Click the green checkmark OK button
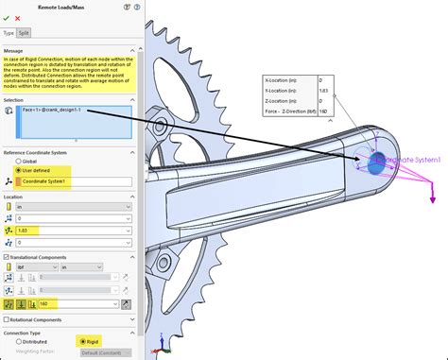click(7, 18)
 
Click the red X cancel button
click(17, 18)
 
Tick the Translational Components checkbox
click(7, 256)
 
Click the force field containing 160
click(71, 303)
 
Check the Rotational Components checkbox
click(7, 319)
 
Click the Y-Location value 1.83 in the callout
click(324, 91)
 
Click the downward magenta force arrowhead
click(433, 197)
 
